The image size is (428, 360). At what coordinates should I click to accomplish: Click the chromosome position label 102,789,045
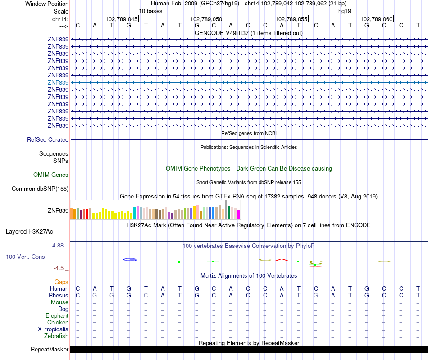122,19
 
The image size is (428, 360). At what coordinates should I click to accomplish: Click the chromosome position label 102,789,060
377,19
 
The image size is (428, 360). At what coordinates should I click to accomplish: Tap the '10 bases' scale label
150,11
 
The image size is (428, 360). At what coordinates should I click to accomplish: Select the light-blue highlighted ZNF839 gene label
58,83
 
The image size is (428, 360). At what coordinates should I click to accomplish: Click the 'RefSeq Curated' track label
48,140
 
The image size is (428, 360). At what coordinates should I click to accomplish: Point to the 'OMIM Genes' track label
51,175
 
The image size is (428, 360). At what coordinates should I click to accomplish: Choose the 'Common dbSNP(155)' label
40,189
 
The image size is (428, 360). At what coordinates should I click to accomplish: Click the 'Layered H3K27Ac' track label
29,232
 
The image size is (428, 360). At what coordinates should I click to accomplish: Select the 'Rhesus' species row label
59,296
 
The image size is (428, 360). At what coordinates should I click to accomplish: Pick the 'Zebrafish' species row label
56,336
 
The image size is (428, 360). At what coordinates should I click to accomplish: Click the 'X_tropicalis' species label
53,329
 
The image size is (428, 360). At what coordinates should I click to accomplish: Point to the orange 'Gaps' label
61,282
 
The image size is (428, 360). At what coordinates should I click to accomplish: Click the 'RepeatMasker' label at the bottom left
50,350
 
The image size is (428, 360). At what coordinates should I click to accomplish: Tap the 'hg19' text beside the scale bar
345,11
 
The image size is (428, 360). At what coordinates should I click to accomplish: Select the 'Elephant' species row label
57,316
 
